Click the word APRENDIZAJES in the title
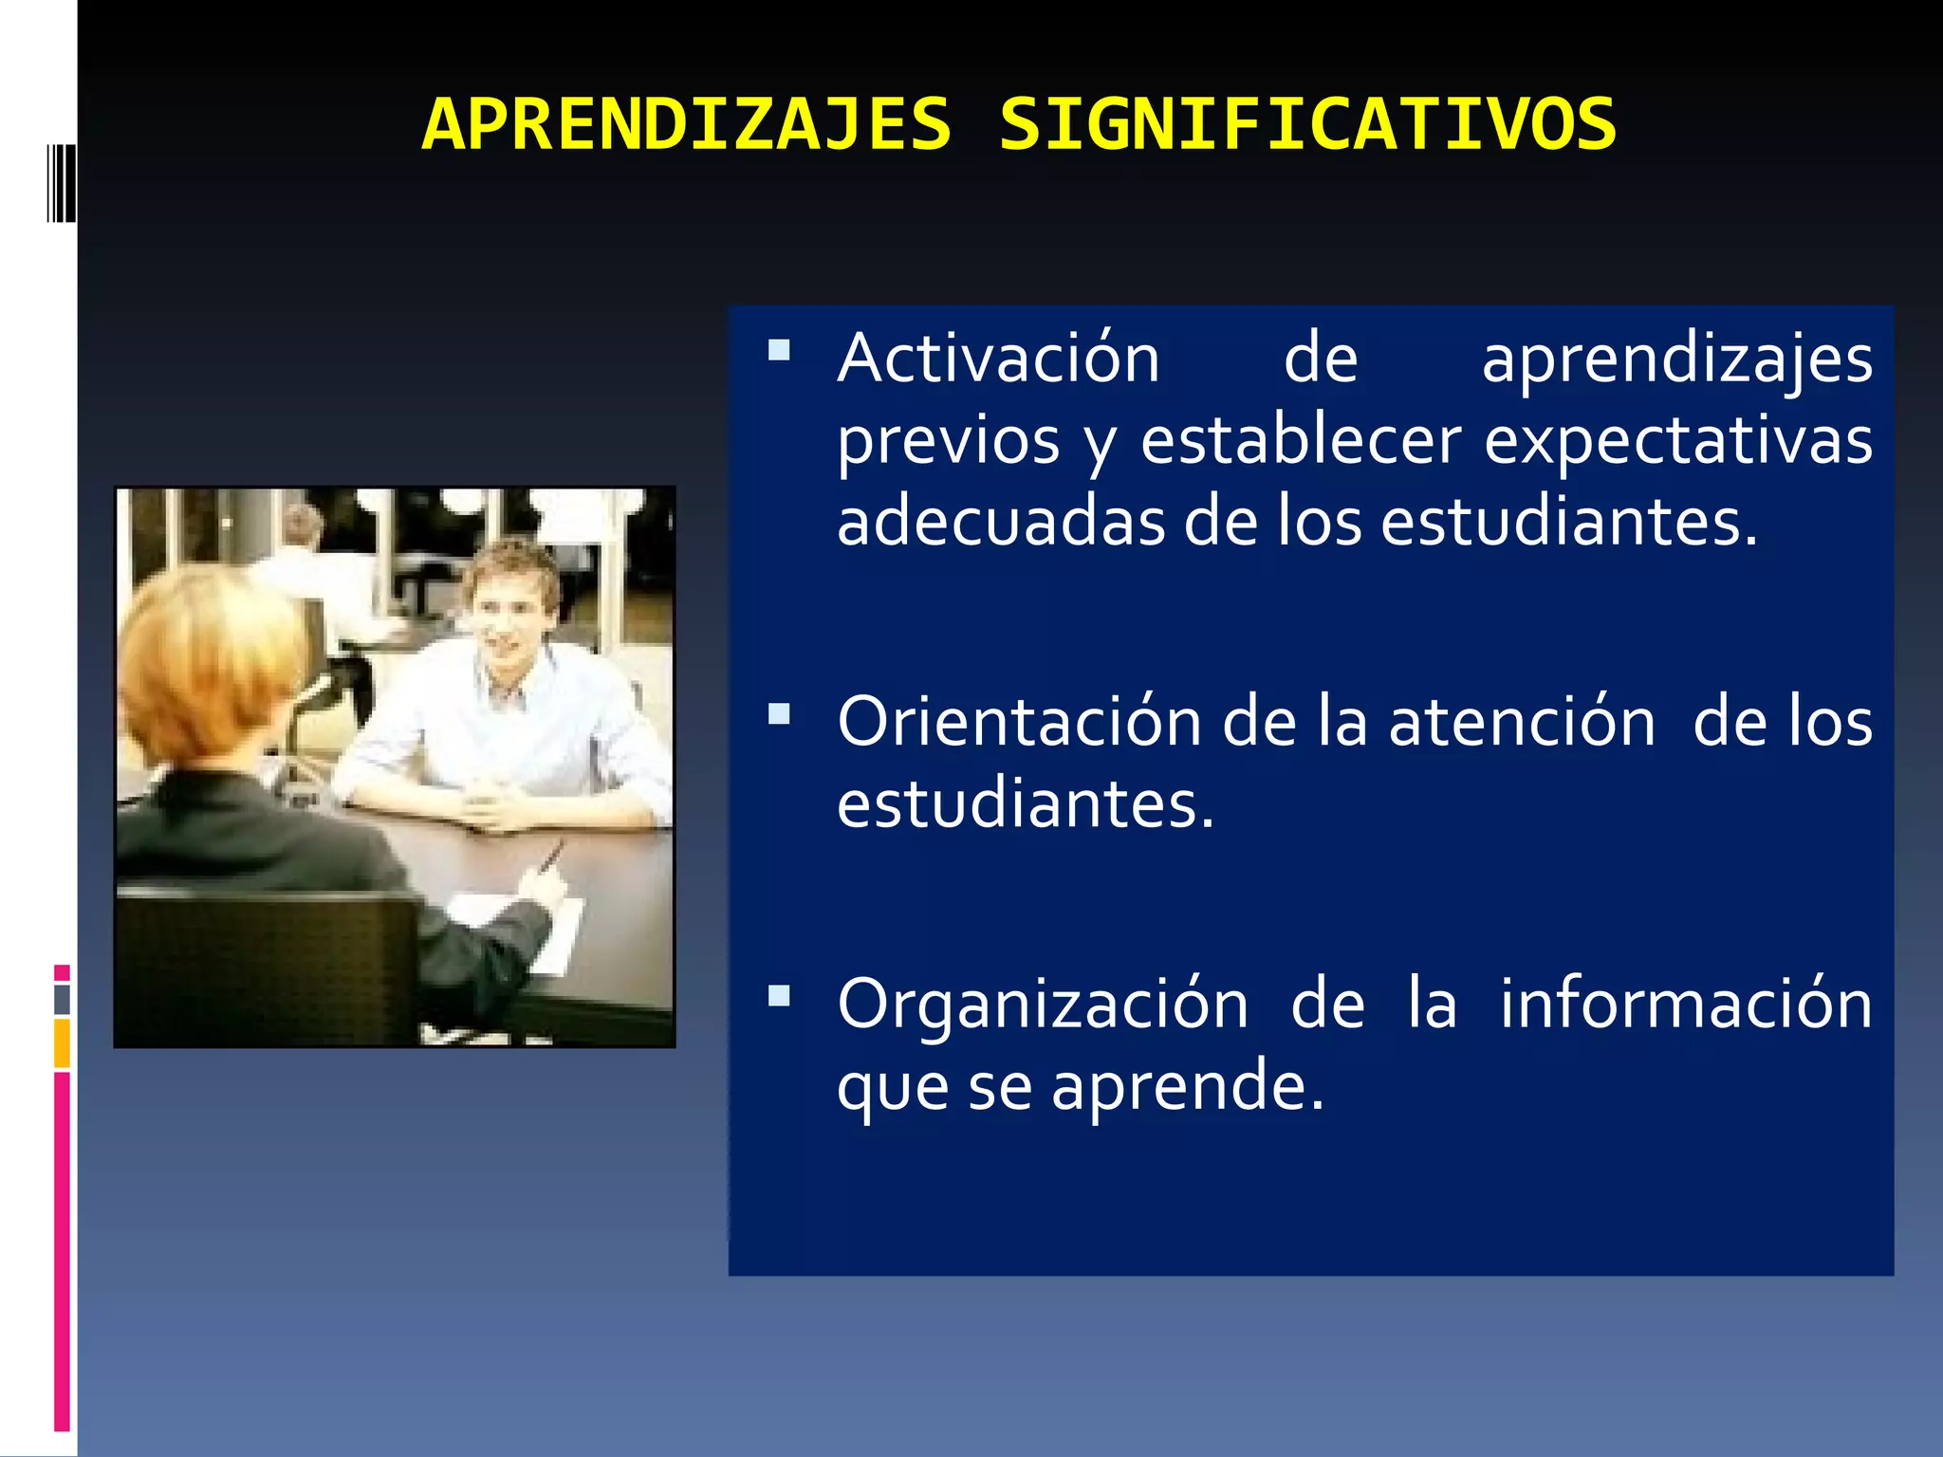point(686,124)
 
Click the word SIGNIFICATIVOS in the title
point(1307,124)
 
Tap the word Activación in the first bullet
point(998,359)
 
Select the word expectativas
point(1677,441)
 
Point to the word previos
point(948,441)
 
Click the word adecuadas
point(999,523)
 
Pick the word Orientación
point(1019,723)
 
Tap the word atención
point(1522,723)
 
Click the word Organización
point(1042,1005)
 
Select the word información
point(1685,1005)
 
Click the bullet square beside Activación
point(779,351)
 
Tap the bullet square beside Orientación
point(779,714)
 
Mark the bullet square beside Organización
point(779,996)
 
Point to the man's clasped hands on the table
point(493,806)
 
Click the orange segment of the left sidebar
point(62,1042)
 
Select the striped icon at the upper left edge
point(62,183)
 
